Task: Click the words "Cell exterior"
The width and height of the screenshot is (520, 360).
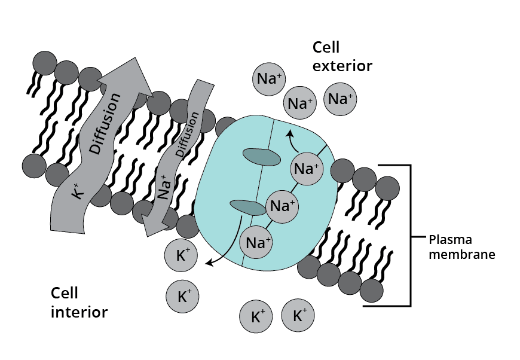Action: point(342,57)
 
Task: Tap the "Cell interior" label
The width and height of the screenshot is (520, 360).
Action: point(79,303)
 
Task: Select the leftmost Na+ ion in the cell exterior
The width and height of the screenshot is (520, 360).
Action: point(270,80)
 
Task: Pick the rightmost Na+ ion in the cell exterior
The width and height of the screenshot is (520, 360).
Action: point(341,98)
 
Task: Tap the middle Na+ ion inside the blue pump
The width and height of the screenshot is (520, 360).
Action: point(282,206)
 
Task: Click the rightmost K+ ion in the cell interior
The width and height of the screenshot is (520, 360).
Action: point(297,315)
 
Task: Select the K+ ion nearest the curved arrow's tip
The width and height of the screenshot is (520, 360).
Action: point(183,256)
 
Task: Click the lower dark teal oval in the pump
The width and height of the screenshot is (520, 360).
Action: point(248,207)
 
